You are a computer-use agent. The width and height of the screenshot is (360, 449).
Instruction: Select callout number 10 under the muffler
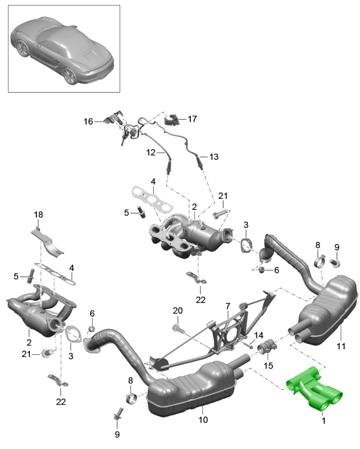click(x=203, y=420)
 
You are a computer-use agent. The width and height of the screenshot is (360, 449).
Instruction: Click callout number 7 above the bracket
click(x=227, y=305)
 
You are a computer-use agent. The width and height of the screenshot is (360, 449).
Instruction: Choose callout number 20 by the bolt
click(x=177, y=311)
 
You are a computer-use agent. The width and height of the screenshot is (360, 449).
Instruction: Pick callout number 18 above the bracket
click(x=37, y=214)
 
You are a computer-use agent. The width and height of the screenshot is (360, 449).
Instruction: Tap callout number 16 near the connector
click(x=89, y=121)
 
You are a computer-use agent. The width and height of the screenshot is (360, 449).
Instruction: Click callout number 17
click(x=192, y=118)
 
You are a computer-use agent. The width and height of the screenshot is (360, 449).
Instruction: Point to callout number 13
click(x=213, y=156)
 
